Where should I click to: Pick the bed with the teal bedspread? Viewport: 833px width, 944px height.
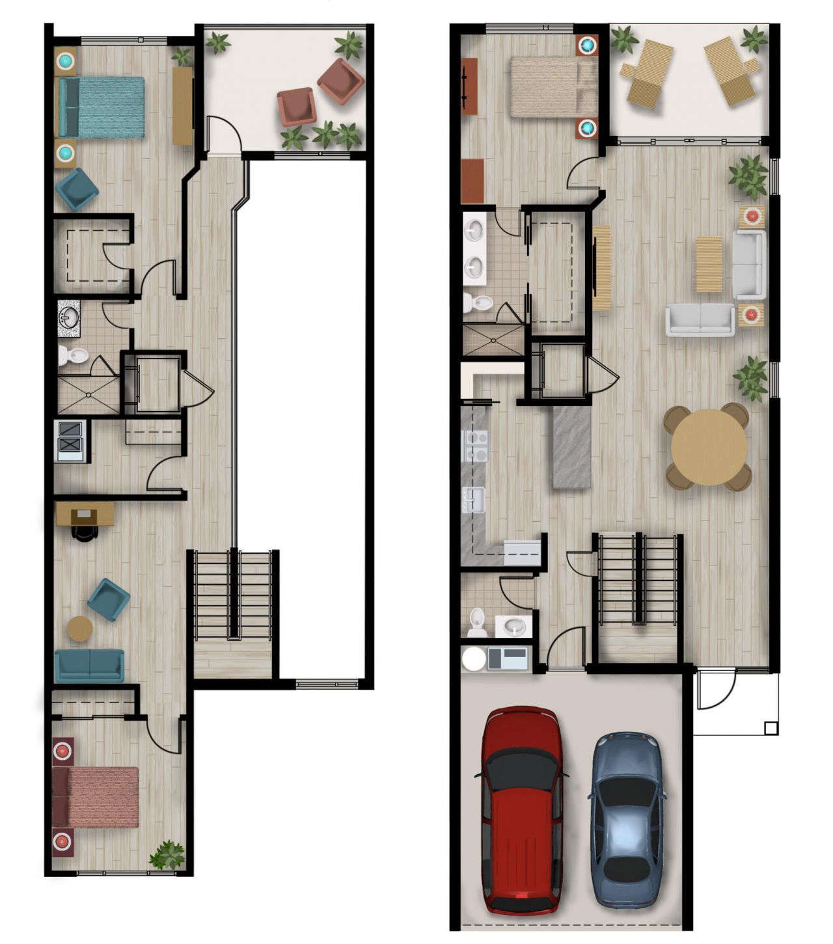tap(102, 107)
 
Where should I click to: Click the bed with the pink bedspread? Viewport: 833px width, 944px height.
tap(96, 796)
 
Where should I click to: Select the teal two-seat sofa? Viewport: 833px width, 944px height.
tap(89, 664)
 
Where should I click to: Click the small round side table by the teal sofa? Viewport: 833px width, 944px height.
tap(80, 628)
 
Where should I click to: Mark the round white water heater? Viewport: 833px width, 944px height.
tap(473, 658)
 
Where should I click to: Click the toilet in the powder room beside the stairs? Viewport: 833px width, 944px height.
tap(476, 623)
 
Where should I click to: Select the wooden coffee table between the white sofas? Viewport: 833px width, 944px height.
tap(709, 263)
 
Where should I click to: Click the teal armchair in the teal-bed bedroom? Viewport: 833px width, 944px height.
tap(77, 189)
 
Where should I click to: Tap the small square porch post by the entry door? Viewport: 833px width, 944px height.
tap(771, 728)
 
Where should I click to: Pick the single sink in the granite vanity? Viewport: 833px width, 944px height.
tap(68, 317)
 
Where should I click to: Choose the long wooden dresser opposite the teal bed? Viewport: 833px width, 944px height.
tap(182, 106)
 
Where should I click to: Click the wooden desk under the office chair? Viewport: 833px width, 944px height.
tap(85, 513)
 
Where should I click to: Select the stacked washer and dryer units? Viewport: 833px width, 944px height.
tap(71, 440)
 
